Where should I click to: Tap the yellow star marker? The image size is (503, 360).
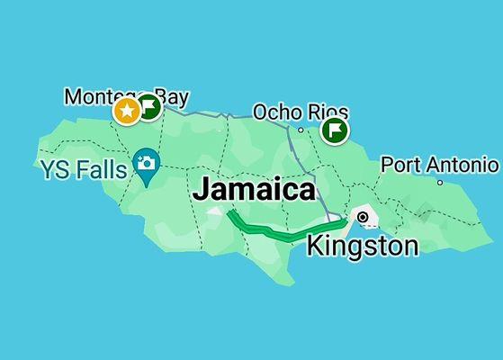pos(127,111)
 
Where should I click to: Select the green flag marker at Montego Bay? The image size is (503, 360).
pos(149,108)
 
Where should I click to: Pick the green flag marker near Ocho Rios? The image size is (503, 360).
pos(335,130)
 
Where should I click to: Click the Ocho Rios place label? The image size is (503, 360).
pos(300,112)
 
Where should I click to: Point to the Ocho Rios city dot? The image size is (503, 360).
pos(301,130)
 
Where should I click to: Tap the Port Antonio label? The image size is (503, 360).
pos(439,165)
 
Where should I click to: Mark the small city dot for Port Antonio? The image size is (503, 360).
pos(440,183)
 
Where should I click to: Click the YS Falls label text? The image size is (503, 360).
pos(83,168)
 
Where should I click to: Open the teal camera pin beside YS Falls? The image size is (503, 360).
pos(145,164)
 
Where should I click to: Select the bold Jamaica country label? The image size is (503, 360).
pos(255,190)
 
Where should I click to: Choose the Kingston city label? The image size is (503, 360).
pos(363,245)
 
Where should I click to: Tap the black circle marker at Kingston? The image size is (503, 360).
pos(363,217)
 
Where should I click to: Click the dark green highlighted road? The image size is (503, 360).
pos(270,231)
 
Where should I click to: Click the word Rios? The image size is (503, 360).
pos(324,112)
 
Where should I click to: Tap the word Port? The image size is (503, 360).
pos(400,165)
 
